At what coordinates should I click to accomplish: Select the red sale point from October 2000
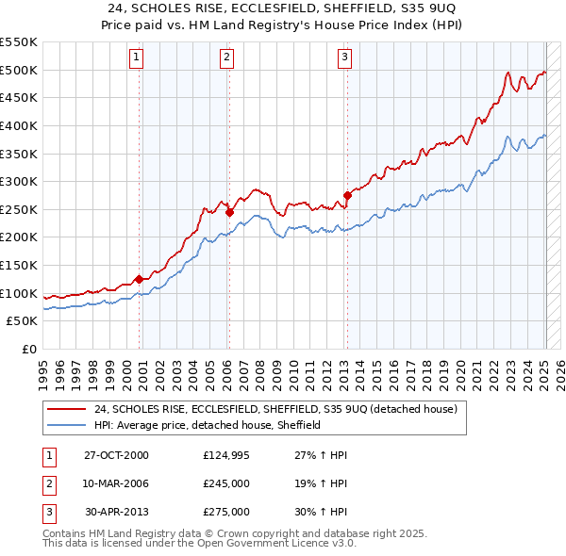(x=140, y=279)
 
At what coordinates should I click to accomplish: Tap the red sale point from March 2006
(x=229, y=212)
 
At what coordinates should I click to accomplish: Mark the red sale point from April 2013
(x=347, y=195)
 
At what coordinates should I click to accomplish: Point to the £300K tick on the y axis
(x=19, y=181)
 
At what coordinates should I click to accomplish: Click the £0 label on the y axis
(x=29, y=349)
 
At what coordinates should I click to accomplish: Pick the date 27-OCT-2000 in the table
(x=116, y=455)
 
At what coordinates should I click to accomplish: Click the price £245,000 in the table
(x=225, y=483)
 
